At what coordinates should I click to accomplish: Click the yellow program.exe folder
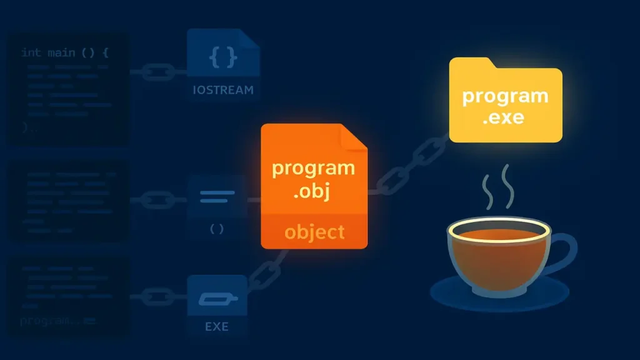point(505,103)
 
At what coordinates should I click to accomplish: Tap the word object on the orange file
point(314,232)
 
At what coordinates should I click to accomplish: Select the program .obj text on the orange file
point(314,180)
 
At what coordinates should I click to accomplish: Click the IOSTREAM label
point(223,90)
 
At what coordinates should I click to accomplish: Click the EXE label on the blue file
point(217,326)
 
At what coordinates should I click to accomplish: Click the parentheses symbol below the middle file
point(216,229)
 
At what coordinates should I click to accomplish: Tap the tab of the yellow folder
point(470,62)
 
